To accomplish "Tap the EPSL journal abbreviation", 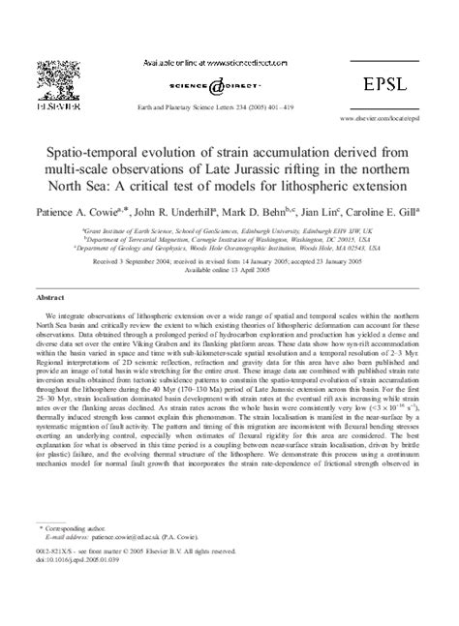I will [x=396, y=57].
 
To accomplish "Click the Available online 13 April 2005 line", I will [x=228, y=271].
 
